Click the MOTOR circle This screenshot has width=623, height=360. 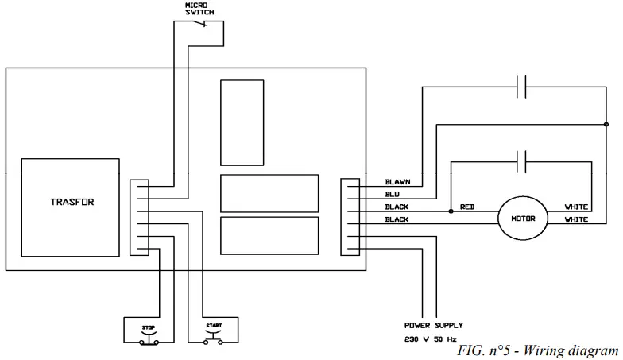point(524,219)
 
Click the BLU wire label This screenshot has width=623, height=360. point(393,194)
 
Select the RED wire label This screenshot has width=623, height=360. point(467,207)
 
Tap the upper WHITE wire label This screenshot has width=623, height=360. point(576,207)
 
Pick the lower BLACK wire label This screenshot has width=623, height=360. point(397,219)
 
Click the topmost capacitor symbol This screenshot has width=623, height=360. point(522,87)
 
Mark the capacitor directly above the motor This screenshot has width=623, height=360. point(522,162)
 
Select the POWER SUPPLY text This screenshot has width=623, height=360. point(433,326)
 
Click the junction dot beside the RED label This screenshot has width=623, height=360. point(451,211)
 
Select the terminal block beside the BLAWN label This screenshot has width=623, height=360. point(349,217)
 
